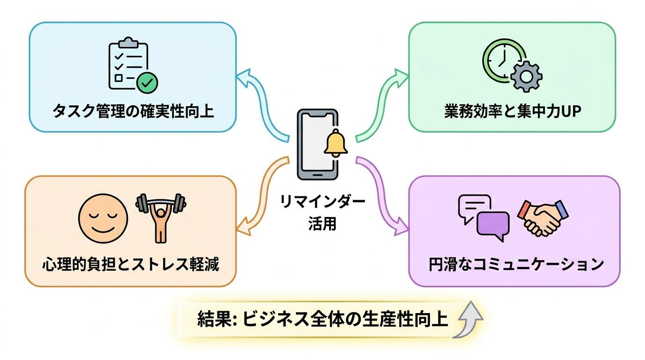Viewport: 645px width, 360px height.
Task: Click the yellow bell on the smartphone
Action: pos(336,143)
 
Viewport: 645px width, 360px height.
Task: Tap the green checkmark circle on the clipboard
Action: pos(147,83)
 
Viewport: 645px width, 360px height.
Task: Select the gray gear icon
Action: pos(526,76)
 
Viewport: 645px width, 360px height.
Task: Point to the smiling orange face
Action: pos(103,218)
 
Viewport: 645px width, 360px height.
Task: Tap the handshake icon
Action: pos(543,218)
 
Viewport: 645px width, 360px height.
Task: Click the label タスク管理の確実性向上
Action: pos(133,111)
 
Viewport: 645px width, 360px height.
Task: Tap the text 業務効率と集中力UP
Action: pos(512,111)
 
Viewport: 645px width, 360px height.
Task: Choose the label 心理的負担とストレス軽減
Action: pos(130,263)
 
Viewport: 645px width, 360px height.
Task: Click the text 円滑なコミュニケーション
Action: pos(516,264)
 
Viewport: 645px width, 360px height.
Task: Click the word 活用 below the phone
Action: pos(322,223)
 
